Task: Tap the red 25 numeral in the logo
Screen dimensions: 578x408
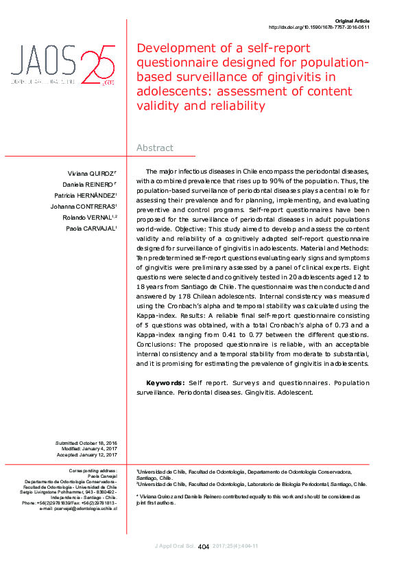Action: pos(98,66)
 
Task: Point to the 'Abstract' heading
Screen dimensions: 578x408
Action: pos(155,148)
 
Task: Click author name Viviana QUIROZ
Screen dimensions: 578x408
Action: pos(91,173)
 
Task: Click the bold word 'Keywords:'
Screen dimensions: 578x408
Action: pos(165,382)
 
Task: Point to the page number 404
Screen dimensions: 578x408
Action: pos(204,547)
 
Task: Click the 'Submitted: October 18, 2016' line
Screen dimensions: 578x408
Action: pos(86,443)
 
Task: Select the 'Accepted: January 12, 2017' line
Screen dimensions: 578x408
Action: pos(87,454)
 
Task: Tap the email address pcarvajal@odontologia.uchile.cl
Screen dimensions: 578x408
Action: pos(82,509)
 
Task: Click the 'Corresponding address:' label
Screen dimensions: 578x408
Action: pos(94,470)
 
